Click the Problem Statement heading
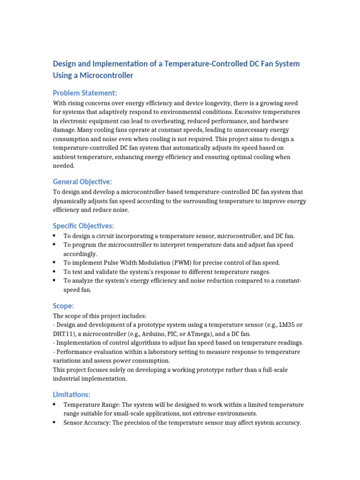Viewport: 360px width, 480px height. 84,93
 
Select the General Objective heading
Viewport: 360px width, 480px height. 82,181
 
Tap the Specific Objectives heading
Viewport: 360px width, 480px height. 83,226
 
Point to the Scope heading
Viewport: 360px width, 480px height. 63,306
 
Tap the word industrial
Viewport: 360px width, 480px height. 67,378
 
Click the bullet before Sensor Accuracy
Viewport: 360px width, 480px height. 54,422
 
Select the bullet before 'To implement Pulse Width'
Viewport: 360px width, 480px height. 54,262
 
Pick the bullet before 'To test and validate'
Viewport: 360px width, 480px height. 54,271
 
